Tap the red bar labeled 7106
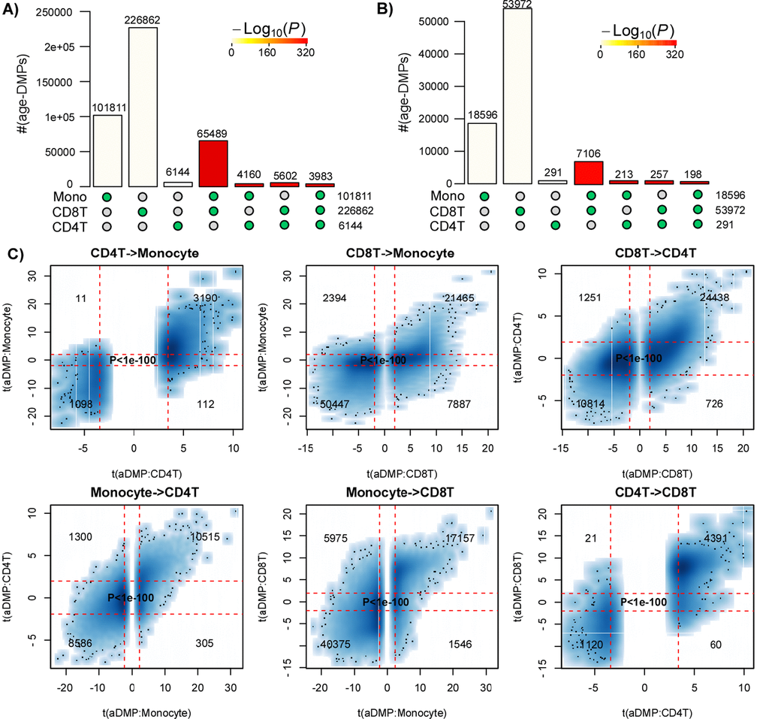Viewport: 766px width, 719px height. tap(589, 172)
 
